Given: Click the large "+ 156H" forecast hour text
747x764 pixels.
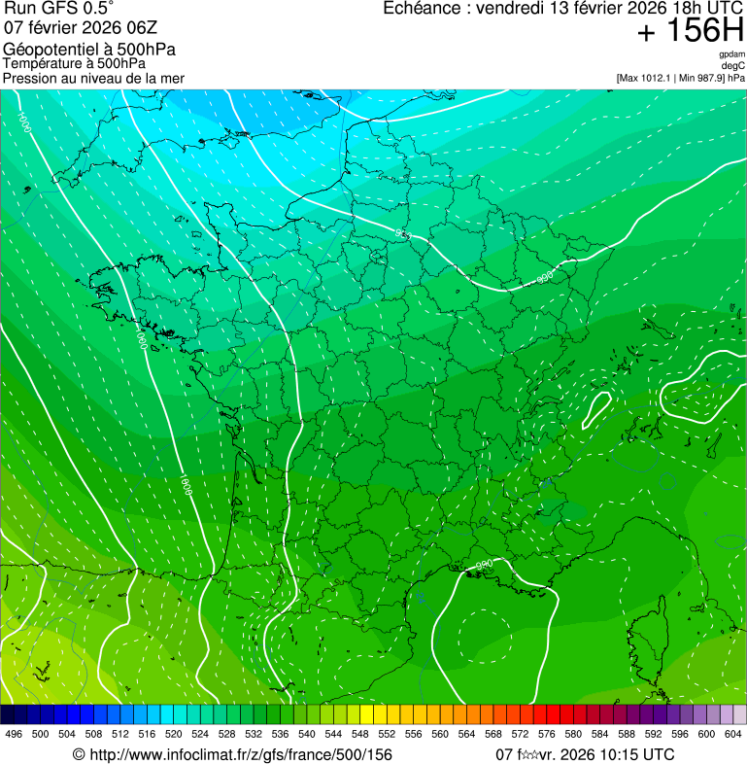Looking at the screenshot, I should click(x=690, y=31).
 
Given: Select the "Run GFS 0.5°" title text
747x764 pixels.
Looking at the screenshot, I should click(x=58, y=10).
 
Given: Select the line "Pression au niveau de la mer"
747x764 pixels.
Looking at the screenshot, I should click(x=93, y=78).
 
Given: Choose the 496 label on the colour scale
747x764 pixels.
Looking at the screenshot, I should click(x=14, y=735).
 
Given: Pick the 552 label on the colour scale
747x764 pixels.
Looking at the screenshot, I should click(x=387, y=735).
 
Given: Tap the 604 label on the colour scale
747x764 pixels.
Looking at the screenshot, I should click(x=733, y=735).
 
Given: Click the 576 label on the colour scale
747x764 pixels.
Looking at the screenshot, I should click(x=547, y=735).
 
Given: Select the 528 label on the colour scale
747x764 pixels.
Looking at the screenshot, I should click(x=227, y=735).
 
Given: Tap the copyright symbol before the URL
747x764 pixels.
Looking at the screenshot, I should click(x=79, y=755).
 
